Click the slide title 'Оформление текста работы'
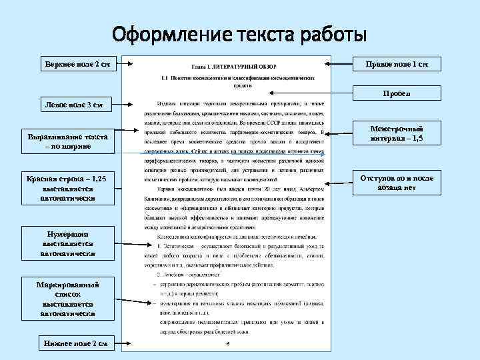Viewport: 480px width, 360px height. click(x=239, y=33)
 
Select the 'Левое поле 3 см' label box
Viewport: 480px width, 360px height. click(x=73, y=105)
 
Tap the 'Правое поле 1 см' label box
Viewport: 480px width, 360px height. click(x=397, y=64)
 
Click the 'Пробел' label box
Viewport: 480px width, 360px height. click(x=397, y=94)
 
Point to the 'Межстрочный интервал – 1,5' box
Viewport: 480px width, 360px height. click(x=397, y=134)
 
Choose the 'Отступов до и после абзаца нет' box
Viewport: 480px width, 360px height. click(x=397, y=183)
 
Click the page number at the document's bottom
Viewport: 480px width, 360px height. click(x=227, y=344)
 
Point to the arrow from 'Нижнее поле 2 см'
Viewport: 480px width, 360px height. click(x=123, y=344)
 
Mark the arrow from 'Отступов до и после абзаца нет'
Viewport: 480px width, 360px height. click(x=340, y=182)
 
